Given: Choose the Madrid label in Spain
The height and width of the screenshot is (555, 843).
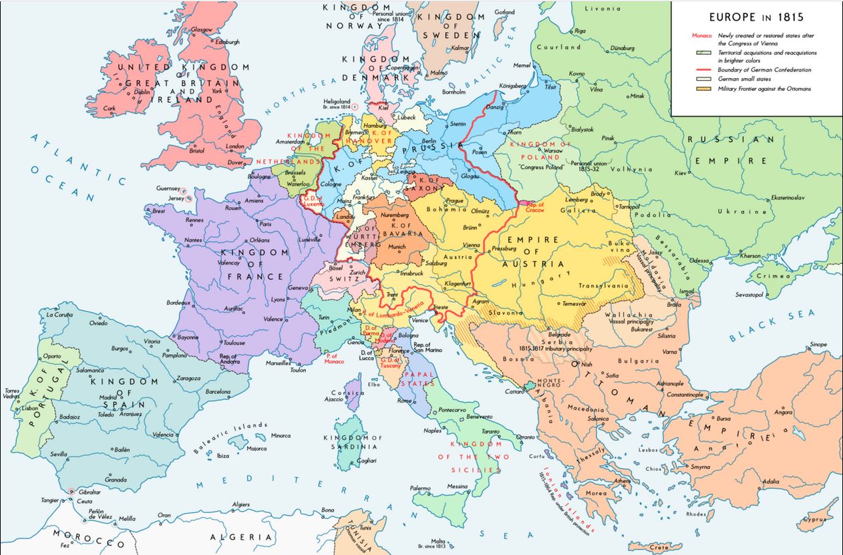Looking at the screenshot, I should [x=108, y=397].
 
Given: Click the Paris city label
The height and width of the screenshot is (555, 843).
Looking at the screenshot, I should [x=265, y=224].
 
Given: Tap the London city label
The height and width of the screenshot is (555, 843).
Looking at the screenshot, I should [x=235, y=146].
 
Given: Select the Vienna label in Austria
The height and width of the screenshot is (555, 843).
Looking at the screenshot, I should [x=471, y=245].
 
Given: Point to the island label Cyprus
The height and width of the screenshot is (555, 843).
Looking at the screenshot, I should [x=816, y=518].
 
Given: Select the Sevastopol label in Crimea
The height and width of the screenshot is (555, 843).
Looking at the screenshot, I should [x=753, y=294].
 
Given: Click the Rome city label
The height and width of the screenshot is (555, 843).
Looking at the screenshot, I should [x=404, y=401].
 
